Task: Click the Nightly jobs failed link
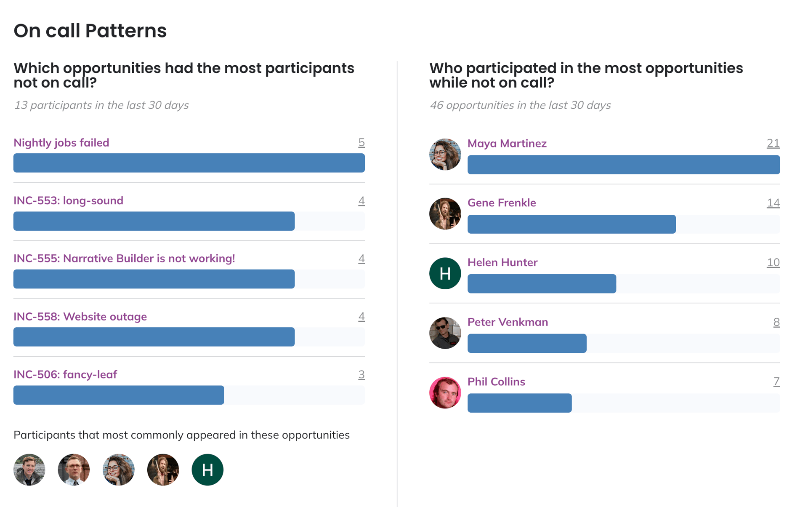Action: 61,143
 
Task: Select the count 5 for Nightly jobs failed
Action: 361,143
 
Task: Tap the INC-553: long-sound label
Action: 68,200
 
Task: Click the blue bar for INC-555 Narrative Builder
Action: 154,279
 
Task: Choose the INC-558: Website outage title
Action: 80,317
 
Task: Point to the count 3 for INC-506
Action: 361,374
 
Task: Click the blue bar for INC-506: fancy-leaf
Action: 119,395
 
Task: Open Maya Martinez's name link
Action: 507,144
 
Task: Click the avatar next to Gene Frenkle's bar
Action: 445,214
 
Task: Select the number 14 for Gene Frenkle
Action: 773,203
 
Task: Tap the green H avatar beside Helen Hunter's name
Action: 445,273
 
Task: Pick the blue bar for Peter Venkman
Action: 527,343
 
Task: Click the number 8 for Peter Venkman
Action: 776,322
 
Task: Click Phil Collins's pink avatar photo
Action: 445,392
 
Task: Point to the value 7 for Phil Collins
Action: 776,382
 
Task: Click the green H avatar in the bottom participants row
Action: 207,470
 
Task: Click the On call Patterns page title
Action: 90,31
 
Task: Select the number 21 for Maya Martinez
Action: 773,144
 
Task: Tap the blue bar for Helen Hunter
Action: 542,283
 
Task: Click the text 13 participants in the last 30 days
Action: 101,105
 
